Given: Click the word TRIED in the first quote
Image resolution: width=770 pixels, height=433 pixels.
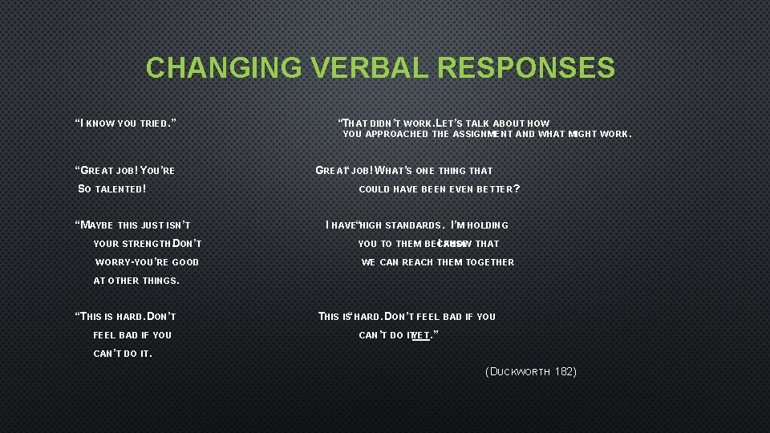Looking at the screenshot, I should (156, 123).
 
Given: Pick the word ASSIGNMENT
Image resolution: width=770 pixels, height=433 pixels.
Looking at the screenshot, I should (482, 135).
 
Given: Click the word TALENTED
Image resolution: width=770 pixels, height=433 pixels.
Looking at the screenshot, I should (120, 189).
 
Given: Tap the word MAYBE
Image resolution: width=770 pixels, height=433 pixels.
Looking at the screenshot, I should (97, 225).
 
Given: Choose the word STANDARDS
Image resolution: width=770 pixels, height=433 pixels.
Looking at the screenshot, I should (411, 225).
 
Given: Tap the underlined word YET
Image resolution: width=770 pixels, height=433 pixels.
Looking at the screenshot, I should (421, 335).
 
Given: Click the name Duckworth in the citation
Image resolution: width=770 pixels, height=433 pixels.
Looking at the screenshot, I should (521, 372).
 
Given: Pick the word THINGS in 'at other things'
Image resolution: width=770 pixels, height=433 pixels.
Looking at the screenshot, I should (160, 281).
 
